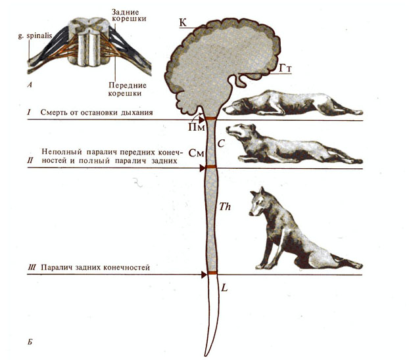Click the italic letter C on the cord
click(x=221, y=140)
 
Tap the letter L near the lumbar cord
click(x=224, y=287)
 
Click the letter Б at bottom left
click(x=31, y=342)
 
